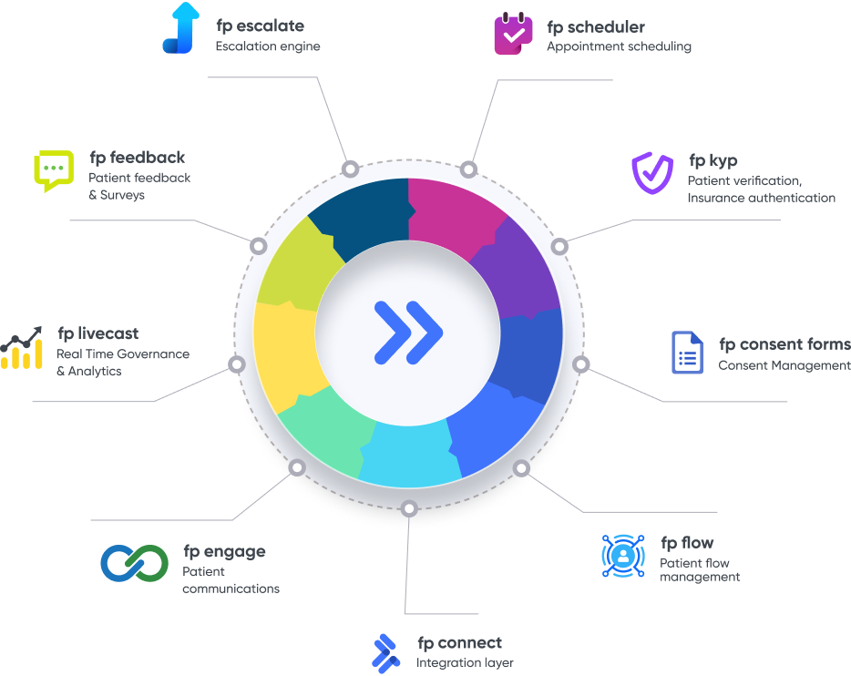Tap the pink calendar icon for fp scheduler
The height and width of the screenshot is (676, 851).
click(x=513, y=35)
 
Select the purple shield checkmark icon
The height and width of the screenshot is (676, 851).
click(x=652, y=173)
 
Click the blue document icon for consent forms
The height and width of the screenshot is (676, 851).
click(x=687, y=353)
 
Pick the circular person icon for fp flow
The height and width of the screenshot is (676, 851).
click(x=623, y=555)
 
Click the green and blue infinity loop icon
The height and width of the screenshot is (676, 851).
click(x=134, y=563)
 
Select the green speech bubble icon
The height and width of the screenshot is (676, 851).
click(x=53, y=170)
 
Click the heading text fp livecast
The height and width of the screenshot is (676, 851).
click(x=97, y=334)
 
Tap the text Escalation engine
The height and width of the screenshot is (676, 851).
click(x=268, y=46)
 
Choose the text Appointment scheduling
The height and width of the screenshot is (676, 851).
click(x=619, y=46)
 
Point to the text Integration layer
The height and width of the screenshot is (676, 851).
click(x=465, y=662)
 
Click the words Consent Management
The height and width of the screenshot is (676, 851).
click(x=784, y=365)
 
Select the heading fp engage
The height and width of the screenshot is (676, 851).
click(x=224, y=551)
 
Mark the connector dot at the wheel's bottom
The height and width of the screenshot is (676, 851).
click(x=409, y=508)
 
